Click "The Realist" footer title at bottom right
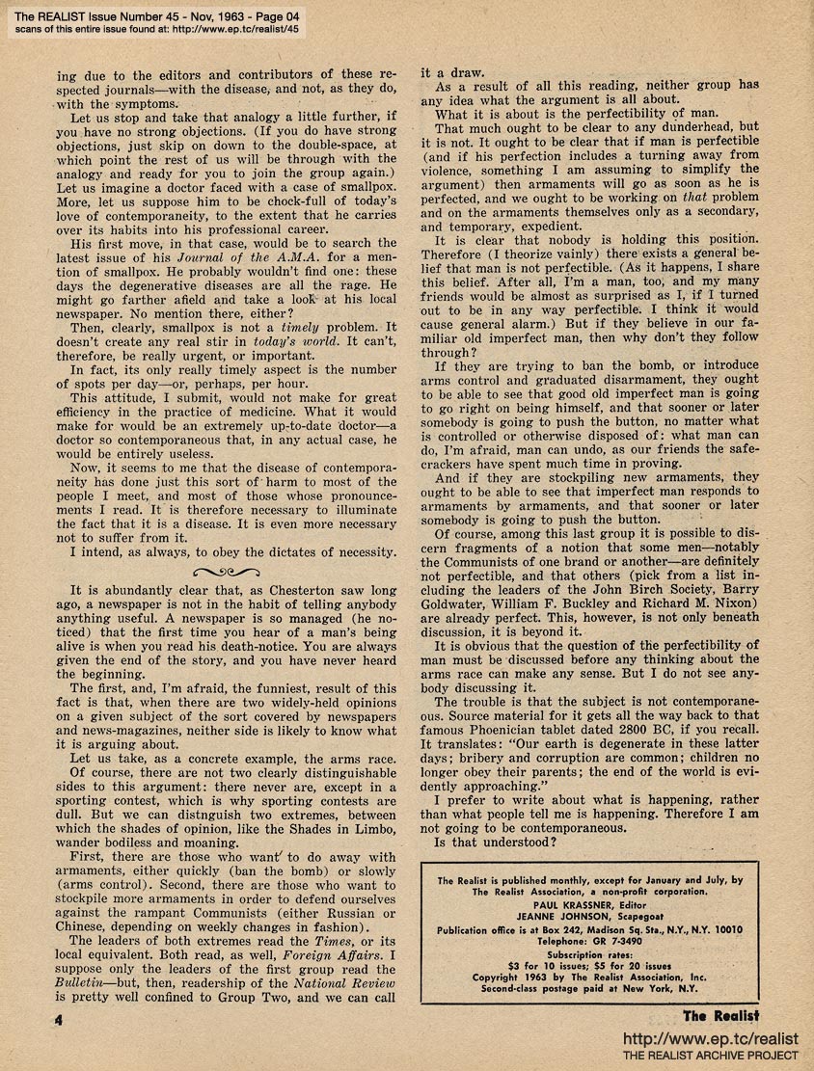(x=720, y=1014)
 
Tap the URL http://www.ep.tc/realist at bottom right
(x=711, y=1038)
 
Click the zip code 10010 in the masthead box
(x=721, y=928)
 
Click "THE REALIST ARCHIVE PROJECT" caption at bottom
(x=711, y=1057)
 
